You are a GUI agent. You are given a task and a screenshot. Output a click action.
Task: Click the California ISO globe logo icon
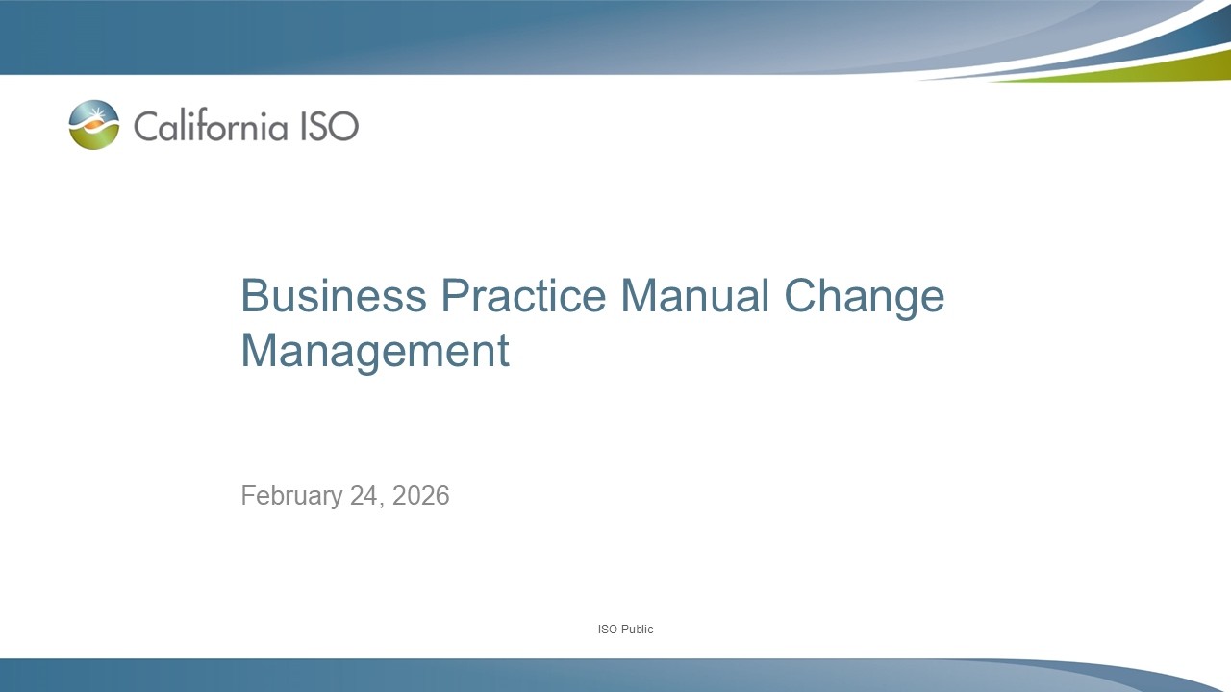pyautogui.click(x=94, y=125)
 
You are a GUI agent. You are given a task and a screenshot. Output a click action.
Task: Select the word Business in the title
pyautogui.click(x=333, y=296)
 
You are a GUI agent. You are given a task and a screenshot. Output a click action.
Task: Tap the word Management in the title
pyautogui.click(x=374, y=352)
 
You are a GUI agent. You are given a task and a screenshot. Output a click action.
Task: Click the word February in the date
pyautogui.click(x=291, y=496)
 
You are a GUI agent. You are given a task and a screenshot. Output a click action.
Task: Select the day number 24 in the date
pyautogui.click(x=364, y=496)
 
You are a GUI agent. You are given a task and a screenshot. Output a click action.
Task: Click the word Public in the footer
pyautogui.click(x=637, y=630)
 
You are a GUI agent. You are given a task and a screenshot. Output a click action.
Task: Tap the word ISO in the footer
pyautogui.click(x=607, y=630)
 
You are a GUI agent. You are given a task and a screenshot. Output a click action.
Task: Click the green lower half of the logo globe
pyautogui.click(x=94, y=140)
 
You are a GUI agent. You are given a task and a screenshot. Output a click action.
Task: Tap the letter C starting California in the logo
pyautogui.click(x=144, y=126)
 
